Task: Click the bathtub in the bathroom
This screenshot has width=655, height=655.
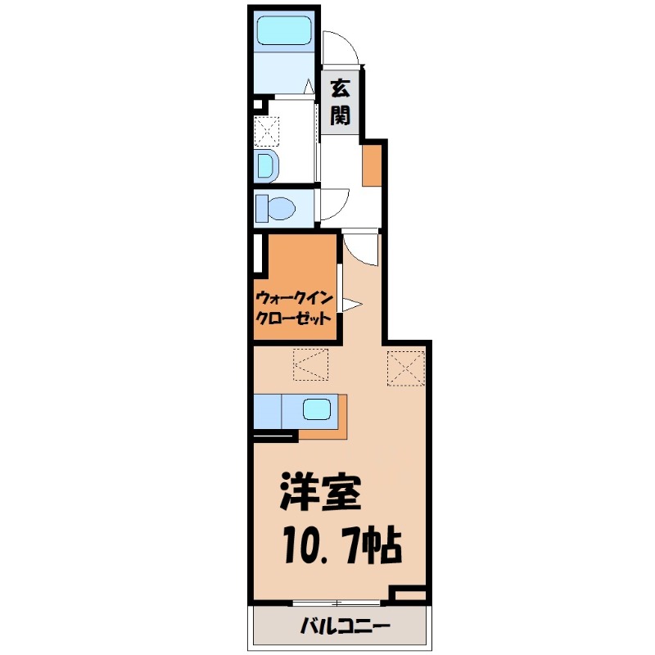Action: (x=284, y=29)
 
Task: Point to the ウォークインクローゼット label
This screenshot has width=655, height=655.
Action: (x=294, y=309)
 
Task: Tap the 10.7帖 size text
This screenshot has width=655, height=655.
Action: (x=342, y=546)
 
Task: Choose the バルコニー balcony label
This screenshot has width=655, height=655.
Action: (x=345, y=626)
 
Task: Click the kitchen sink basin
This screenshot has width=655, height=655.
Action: (x=317, y=409)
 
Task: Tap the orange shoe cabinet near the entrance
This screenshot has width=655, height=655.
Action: (x=372, y=165)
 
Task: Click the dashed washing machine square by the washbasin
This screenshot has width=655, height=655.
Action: (x=267, y=131)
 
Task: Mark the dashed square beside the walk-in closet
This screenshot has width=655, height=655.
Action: (x=310, y=364)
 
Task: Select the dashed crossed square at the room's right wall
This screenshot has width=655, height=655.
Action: (x=406, y=368)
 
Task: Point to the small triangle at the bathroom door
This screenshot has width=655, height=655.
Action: (x=309, y=87)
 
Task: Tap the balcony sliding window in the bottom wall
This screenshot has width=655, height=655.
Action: (x=337, y=603)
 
